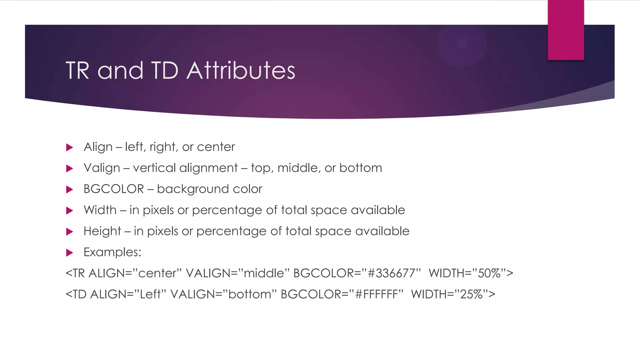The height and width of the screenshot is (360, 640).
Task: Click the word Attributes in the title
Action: coord(241,70)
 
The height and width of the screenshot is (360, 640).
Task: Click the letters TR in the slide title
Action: coord(77,70)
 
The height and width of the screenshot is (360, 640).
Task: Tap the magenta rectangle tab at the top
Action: coord(566,30)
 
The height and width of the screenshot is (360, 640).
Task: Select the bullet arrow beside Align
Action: coord(70,147)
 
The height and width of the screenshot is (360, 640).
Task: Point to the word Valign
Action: coord(102,168)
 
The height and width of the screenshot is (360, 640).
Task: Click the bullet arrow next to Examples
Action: coord(70,252)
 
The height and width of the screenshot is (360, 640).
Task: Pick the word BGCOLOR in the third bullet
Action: coord(114,189)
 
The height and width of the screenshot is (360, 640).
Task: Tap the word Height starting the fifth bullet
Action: coord(102,231)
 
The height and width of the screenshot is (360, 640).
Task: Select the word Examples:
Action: coord(112,252)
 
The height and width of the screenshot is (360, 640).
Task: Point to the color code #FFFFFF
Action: coord(377,294)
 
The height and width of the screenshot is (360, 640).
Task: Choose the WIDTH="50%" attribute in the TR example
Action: coord(471,273)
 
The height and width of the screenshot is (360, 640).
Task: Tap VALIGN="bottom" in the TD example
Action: coord(224,294)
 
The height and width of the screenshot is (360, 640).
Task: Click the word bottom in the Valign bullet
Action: coord(361,168)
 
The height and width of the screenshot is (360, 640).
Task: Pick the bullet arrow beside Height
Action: coord(70,232)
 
